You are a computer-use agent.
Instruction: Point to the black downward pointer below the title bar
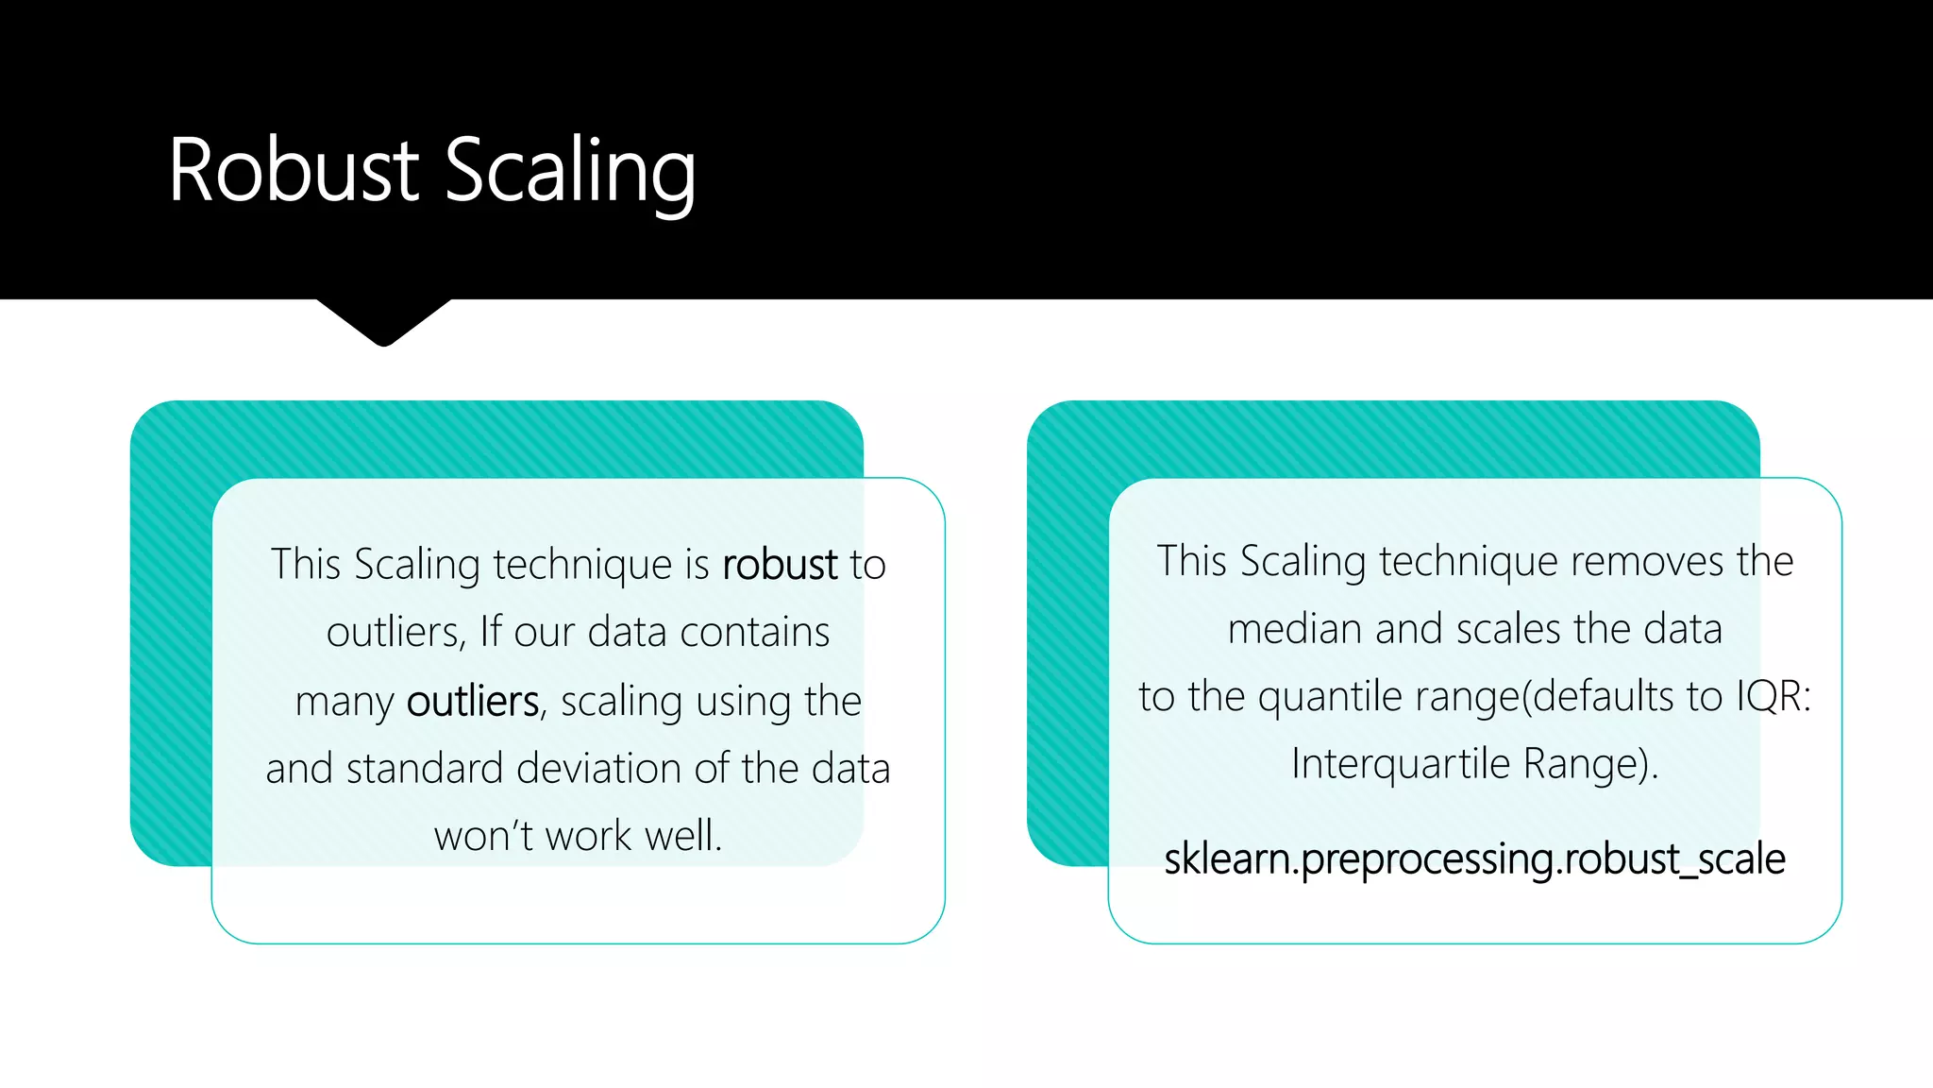383,321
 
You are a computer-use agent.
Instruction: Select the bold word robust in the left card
780,565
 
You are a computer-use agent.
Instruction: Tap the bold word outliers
472,702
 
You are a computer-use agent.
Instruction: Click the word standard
425,769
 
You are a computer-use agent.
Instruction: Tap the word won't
481,836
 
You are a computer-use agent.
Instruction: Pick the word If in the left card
490,632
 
